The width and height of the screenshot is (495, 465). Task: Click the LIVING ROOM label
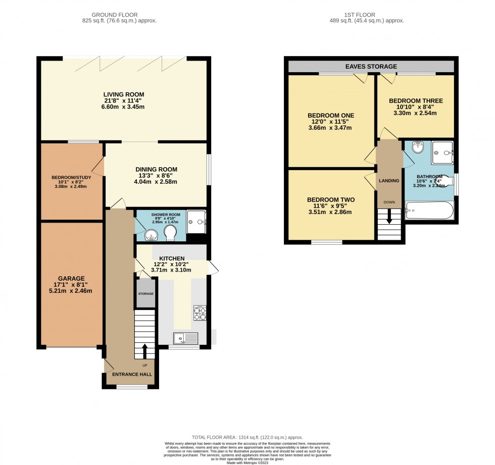point(124,94)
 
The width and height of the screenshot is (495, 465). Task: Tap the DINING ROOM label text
point(156,169)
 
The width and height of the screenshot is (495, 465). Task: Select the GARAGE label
point(71,278)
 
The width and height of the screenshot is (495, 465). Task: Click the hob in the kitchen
point(200,313)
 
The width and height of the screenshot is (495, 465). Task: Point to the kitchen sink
point(186,338)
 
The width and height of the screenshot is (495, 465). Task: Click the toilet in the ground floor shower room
point(171,233)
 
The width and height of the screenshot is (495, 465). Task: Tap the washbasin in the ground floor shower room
point(150,235)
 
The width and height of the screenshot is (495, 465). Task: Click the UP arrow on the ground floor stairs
point(145,350)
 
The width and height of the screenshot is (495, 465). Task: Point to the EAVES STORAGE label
point(371,67)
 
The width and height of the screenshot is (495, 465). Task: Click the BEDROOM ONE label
point(331,116)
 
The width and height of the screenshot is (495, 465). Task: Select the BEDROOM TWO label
point(331,200)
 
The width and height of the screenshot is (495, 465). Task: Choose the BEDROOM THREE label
point(416,101)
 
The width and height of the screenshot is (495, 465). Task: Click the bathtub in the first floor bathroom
point(429,211)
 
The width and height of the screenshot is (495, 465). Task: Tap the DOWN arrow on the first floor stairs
point(389,216)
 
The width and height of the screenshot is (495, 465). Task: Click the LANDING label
point(389,181)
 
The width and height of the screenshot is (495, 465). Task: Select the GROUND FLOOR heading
point(119,15)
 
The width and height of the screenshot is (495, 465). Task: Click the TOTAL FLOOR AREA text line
point(247,437)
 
